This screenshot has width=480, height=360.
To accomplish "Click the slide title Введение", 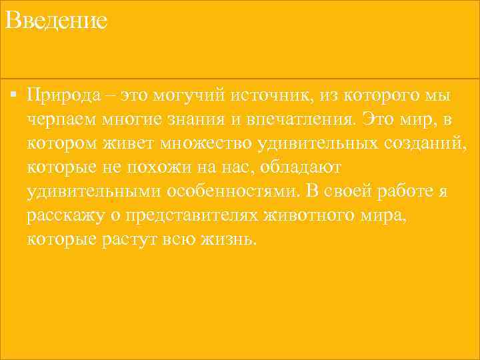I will (x=55, y=21).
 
